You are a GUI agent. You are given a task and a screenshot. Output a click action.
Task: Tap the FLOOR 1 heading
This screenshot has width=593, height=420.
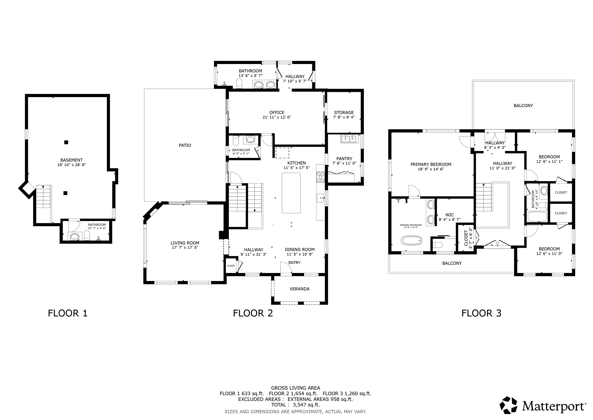coord(68,313)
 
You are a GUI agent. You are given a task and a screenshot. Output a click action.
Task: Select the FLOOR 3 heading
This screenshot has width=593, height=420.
coord(481,313)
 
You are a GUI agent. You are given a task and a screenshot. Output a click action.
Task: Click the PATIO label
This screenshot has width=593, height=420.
coord(185,145)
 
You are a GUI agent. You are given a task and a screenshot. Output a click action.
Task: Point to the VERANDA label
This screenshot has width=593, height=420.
coord(299,289)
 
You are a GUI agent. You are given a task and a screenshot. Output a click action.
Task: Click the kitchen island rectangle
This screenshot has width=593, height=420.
coord(291,193)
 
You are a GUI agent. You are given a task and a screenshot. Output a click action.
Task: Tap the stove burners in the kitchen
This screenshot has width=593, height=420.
coord(320,177)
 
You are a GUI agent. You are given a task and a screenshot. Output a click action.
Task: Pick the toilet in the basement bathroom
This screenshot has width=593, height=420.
coord(87,235)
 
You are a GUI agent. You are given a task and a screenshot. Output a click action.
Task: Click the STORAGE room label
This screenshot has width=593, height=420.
coord(344,113)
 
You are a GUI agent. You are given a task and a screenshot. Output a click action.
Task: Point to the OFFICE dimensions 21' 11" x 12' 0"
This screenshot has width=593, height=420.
coord(277,117)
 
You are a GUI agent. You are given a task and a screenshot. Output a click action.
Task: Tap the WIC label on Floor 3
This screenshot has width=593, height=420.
coord(449,215)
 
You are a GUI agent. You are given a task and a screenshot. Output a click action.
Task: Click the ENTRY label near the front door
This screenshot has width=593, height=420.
coord(294,263)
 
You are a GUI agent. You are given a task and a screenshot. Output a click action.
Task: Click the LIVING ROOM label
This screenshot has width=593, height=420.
coord(185,243)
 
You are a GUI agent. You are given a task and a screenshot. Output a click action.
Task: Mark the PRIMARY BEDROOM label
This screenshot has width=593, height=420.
coord(431,164)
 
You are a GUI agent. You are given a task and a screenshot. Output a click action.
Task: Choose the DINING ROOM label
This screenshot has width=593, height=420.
coord(300,250)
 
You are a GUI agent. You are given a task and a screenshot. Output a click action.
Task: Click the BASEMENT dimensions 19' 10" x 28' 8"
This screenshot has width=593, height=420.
coord(71,165)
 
